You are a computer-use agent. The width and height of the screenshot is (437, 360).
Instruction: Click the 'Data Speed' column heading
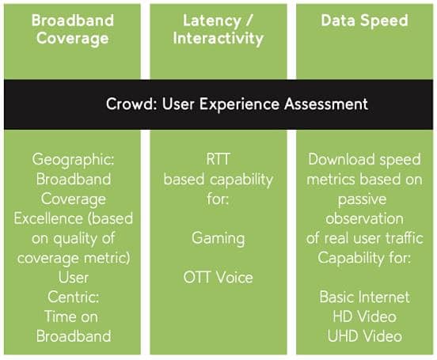364,21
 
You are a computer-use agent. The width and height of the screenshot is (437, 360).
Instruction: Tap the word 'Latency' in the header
212,21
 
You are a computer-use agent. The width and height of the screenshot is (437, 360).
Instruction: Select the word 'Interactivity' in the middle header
218,39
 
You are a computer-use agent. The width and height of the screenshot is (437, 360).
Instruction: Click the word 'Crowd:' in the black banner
131,104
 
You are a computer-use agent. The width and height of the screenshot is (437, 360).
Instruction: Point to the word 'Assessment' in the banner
326,104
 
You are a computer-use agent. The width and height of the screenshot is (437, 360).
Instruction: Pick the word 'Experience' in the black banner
239,104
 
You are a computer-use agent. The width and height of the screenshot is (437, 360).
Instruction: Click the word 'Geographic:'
73,160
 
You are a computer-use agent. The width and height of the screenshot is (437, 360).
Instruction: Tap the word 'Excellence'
48,218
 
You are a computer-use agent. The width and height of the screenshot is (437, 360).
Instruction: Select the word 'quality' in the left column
74,239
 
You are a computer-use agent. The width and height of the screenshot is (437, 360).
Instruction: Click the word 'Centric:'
74,297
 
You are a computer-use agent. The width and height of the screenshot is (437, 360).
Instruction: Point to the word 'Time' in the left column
59,316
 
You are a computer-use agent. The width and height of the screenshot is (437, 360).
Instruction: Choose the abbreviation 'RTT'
218,159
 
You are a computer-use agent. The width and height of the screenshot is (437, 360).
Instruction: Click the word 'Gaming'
218,239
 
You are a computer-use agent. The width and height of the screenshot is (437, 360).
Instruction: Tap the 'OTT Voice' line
218,278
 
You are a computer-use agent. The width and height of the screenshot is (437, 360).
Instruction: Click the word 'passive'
363,200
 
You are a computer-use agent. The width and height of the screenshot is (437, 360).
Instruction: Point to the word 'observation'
364,218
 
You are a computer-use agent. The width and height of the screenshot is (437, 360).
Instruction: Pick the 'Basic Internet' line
364,297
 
